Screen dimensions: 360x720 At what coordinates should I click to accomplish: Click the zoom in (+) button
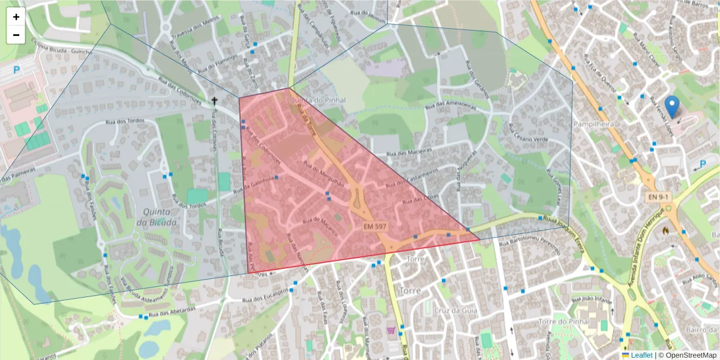(16, 17)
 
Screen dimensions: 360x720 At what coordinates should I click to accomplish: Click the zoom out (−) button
(16, 35)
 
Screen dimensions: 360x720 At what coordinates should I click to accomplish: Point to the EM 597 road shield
(374, 226)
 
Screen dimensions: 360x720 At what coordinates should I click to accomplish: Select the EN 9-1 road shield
(658, 197)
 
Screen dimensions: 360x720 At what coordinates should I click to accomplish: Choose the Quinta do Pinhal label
(311, 100)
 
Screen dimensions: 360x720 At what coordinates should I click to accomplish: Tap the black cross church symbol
(214, 101)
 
